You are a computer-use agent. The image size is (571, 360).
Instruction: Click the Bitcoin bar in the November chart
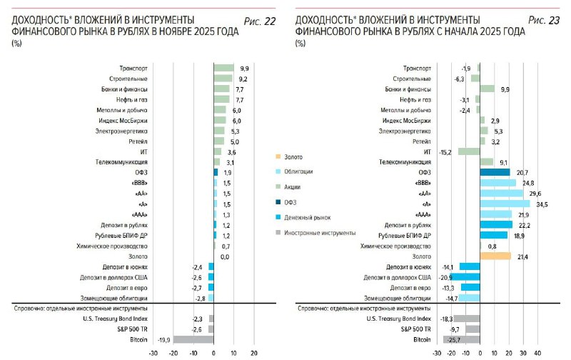click(x=193, y=340)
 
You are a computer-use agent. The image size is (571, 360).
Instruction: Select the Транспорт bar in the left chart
click(x=223, y=67)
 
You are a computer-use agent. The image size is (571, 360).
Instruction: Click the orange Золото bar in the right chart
click(x=496, y=256)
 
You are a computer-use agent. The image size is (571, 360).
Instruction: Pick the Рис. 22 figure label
click(x=260, y=21)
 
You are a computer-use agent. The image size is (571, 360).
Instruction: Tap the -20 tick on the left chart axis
click(x=173, y=354)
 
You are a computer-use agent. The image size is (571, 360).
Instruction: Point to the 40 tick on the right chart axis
click(x=539, y=354)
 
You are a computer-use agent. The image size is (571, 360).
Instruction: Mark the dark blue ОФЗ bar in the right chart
click(x=495, y=172)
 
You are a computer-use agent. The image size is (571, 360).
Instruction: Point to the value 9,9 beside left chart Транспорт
click(x=245, y=67)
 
